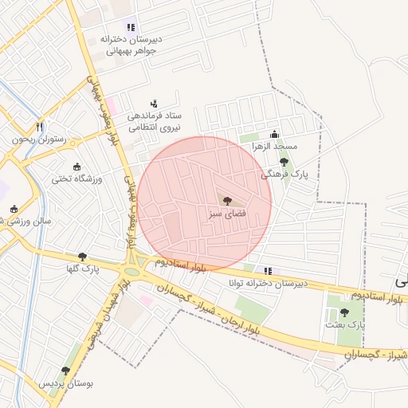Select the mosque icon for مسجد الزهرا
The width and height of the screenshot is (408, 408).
coord(275,134)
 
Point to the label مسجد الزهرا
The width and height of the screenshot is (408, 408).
coord(274,147)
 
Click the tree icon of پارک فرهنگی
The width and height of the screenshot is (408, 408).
coord(284,161)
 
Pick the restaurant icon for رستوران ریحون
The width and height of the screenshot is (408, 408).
coord(38,127)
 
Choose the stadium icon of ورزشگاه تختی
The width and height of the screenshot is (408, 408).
coord(76,166)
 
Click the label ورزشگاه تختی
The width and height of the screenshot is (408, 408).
coord(76,178)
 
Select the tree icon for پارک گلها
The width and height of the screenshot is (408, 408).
coord(82,257)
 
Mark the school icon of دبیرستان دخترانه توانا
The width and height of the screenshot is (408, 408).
coord(268,271)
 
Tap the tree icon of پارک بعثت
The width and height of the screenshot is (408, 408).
coord(344,312)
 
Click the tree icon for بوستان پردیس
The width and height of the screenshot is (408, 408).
coord(65,371)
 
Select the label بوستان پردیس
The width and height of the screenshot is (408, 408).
coord(67,383)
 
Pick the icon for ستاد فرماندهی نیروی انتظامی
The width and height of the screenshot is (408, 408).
coord(154,103)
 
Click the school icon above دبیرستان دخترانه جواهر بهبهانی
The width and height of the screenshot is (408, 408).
coord(131,27)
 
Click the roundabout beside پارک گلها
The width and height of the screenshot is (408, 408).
coord(136,264)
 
